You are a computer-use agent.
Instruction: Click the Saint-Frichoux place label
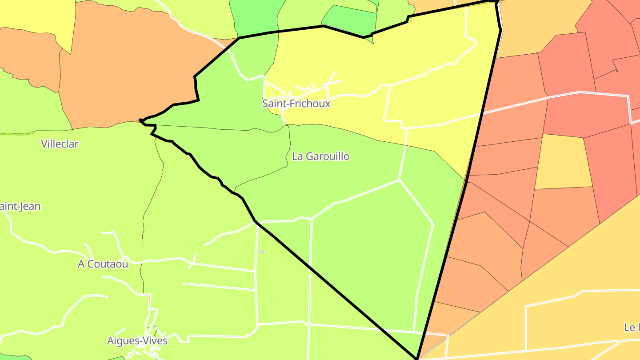(x=296, y=104)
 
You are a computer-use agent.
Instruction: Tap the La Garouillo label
(x=320, y=156)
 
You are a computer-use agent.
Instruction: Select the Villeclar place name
(x=60, y=144)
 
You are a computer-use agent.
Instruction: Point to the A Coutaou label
(x=103, y=264)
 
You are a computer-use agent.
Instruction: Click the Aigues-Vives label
(x=137, y=341)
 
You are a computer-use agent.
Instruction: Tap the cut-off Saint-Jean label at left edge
(x=20, y=206)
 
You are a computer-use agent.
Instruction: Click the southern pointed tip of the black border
(x=417, y=358)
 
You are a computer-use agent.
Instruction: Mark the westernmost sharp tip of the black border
(x=140, y=120)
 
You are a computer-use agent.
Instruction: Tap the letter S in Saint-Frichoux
(x=265, y=104)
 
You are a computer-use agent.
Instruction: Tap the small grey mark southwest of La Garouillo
(x=262, y=252)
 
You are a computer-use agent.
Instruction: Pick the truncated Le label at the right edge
(x=632, y=328)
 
